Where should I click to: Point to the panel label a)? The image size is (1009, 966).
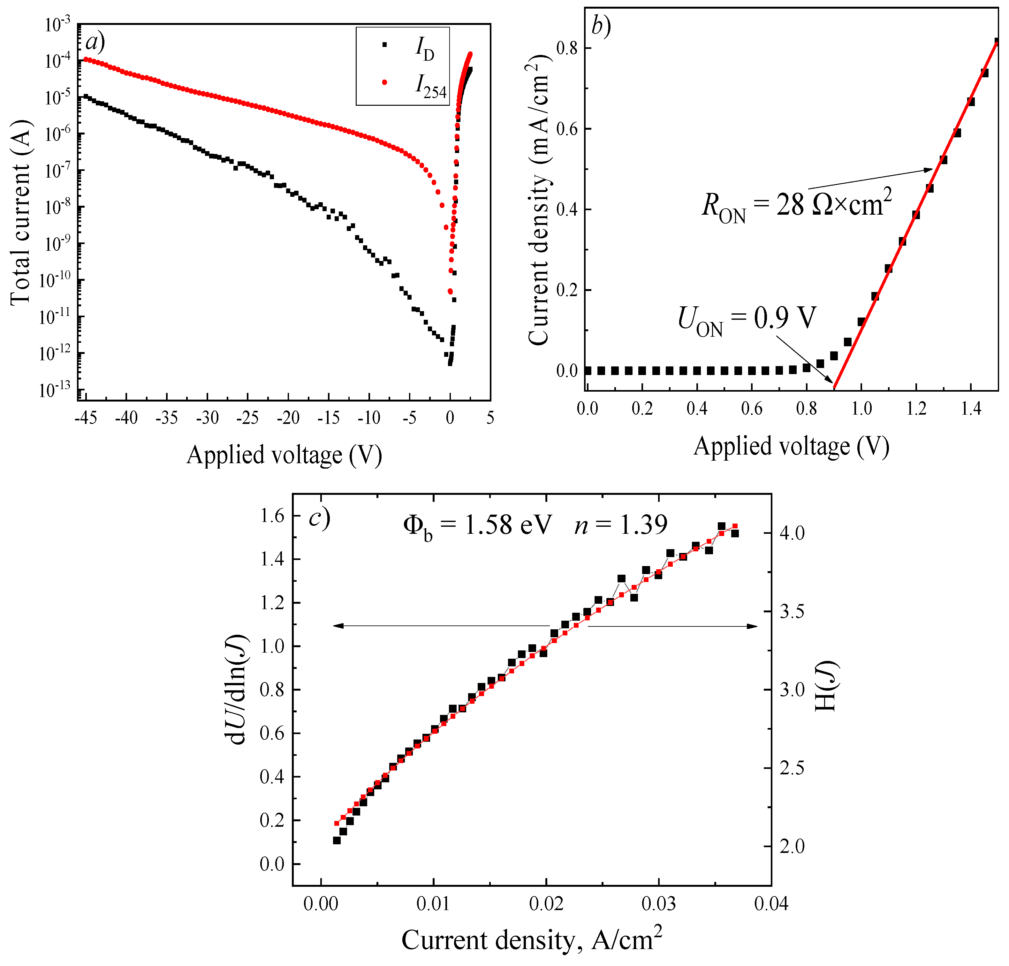pos(95,42)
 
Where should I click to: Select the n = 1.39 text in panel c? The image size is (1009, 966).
pos(621,525)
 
